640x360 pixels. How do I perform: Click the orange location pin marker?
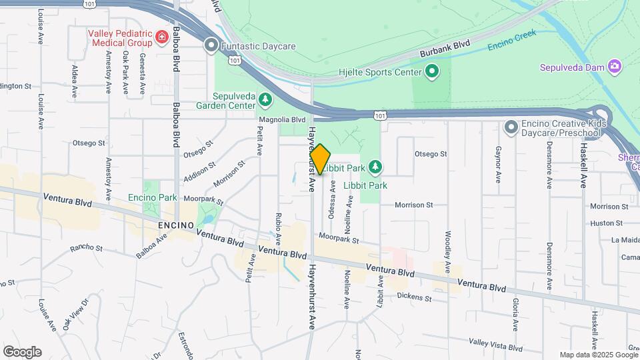click(321, 159)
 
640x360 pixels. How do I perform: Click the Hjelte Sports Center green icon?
click(432, 71)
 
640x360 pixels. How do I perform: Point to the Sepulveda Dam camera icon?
click(615, 67)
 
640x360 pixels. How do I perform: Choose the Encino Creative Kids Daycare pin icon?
click(511, 126)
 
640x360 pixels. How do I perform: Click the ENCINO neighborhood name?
click(176, 225)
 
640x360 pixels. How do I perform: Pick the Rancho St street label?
click(87, 249)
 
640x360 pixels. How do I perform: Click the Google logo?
click(22, 352)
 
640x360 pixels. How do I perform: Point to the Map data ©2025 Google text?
click(598, 355)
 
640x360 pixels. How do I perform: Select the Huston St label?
click(605, 223)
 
